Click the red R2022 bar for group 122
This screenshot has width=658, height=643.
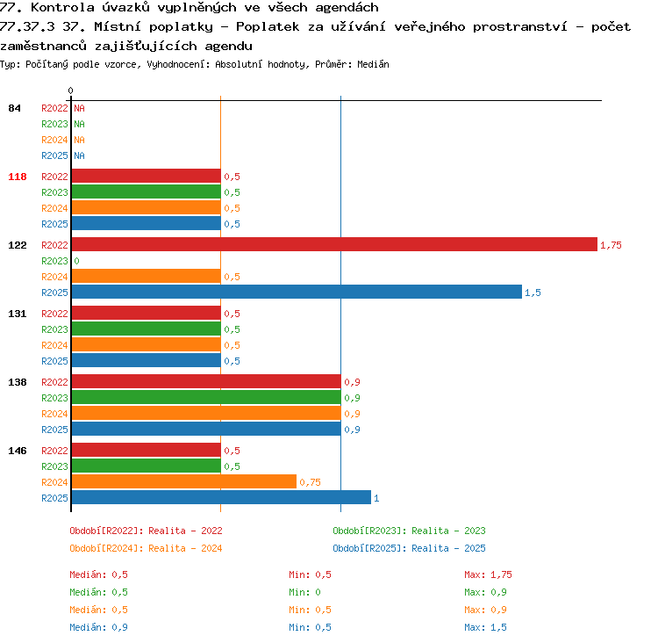coord(334,244)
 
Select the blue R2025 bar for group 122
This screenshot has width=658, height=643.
coord(297,293)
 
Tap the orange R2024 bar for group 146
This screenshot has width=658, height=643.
coord(184,481)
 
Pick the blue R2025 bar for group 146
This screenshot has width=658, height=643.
coord(222,497)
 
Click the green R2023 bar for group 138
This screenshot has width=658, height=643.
coord(206,397)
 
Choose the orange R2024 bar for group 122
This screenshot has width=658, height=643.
coord(147,276)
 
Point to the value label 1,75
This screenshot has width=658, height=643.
coord(611,245)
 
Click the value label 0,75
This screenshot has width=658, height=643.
coord(310,482)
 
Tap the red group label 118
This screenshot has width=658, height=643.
coord(18,177)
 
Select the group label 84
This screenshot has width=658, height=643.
coord(14,108)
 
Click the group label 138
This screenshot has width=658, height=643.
coord(18,382)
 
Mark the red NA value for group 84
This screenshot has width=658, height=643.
coord(79,108)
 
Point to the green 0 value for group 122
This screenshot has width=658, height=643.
coord(77,261)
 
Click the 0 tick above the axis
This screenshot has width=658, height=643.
coord(70,90)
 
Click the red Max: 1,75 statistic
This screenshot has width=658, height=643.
coord(488,574)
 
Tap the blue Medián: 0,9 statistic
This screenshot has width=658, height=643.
coord(98,627)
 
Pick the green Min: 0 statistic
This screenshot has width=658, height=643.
coord(304,592)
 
